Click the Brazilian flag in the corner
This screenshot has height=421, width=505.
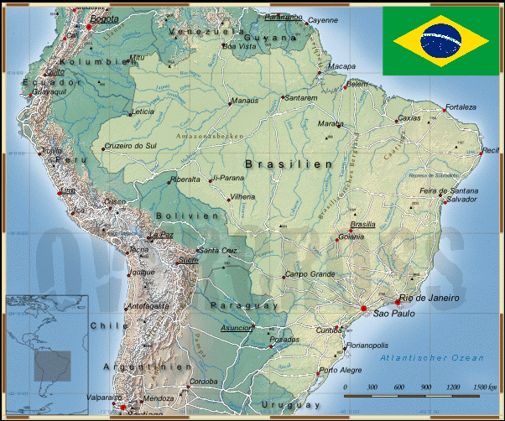[x=440, y=39]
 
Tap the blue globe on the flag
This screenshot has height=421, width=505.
[x=440, y=39]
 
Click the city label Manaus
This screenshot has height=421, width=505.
[x=245, y=101]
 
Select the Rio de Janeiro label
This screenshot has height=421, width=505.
[x=430, y=298]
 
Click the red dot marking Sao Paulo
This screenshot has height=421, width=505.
[x=364, y=309]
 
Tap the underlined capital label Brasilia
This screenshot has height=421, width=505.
[x=362, y=224]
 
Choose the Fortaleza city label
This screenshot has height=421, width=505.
[x=461, y=107]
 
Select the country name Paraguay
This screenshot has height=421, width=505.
[x=243, y=305]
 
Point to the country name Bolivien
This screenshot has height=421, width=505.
[x=186, y=216]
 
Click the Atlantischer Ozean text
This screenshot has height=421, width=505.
[x=431, y=358]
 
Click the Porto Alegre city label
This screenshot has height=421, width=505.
[x=339, y=370]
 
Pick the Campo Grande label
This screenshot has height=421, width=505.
[x=310, y=274]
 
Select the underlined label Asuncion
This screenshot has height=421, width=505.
[x=237, y=328]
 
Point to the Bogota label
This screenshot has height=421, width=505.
[x=104, y=18]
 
